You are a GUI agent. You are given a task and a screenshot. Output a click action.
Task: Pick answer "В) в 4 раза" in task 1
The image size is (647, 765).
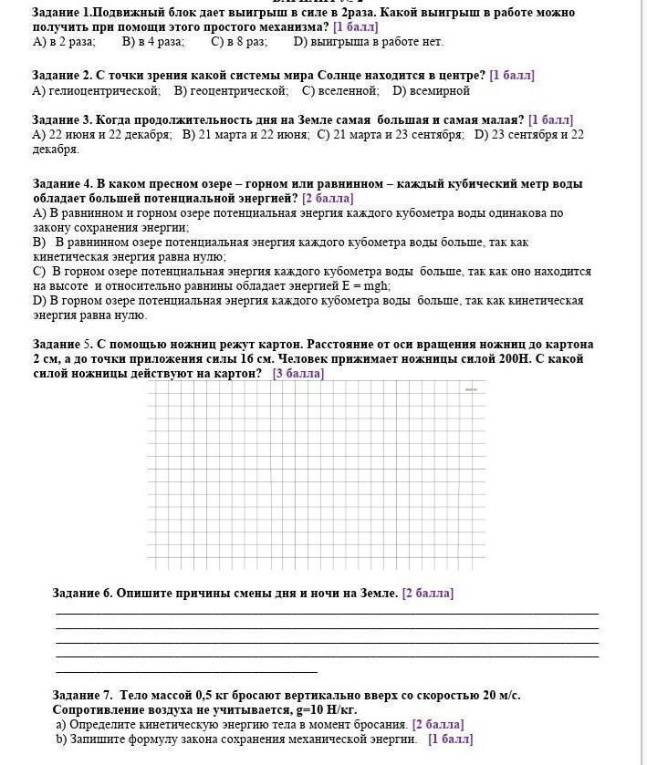click(x=152, y=42)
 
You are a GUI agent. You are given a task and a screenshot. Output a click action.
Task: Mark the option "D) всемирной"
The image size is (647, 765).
click(x=431, y=91)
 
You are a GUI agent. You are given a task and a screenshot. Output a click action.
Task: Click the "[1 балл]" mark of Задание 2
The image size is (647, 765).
click(x=512, y=76)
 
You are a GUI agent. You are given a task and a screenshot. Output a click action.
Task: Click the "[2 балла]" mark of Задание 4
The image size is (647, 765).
click(x=328, y=198)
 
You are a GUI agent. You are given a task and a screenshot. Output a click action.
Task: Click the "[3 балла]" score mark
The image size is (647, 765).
click(x=297, y=373)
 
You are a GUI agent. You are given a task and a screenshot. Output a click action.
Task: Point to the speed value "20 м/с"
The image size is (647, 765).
click(x=496, y=695)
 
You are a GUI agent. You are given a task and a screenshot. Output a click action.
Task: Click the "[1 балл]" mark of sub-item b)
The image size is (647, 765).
click(x=450, y=739)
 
